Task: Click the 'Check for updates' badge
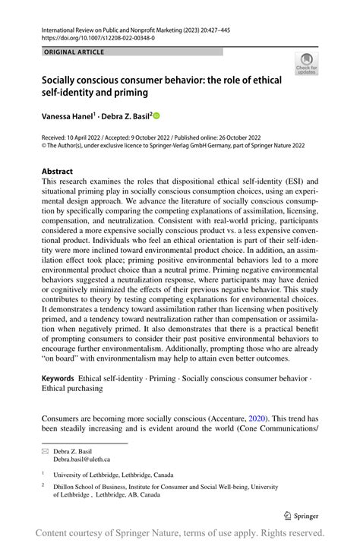coord(306,64)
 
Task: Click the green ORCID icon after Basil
coord(157,115)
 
